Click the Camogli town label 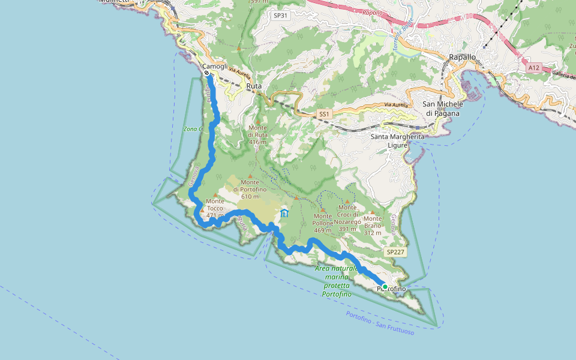[215, 66]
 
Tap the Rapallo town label [462, 57]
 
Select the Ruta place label [254, 86]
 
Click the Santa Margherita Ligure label [397, 140]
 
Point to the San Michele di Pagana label [444, 108]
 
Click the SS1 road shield [324, 114]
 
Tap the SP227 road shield [395, 252]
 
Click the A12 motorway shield [534, 68]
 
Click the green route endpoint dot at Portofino [385, 287]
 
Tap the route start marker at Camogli [206, 73]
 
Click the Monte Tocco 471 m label [215, 208]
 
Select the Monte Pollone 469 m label [323, 223]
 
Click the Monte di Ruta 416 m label [257, 135]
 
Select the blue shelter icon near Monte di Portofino [284, 213]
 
